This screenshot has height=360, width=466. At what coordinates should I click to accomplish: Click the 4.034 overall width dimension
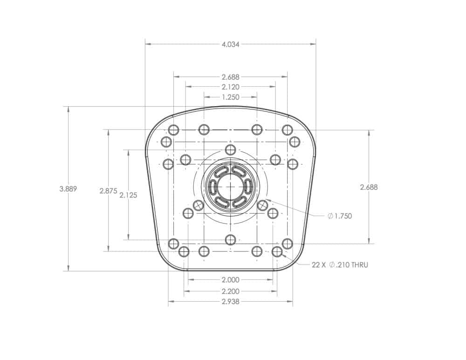pos(230,45)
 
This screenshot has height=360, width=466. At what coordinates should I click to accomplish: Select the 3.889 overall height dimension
pos(68,189)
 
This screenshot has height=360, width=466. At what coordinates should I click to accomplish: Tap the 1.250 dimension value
pos(230,97)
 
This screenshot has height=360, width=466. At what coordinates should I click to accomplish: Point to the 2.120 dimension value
pos(230,87)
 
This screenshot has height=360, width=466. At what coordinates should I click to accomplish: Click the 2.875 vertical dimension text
pos(109,191)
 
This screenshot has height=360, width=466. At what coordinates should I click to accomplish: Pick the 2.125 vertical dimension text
pos(129,195)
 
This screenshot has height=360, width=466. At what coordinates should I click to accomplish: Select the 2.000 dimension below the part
pos(231,280)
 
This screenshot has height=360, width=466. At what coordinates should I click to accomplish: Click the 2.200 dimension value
pos(231,292)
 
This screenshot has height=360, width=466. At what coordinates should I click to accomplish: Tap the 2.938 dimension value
pos(231,302)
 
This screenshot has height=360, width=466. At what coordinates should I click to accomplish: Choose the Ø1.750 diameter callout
pos(340,216)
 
